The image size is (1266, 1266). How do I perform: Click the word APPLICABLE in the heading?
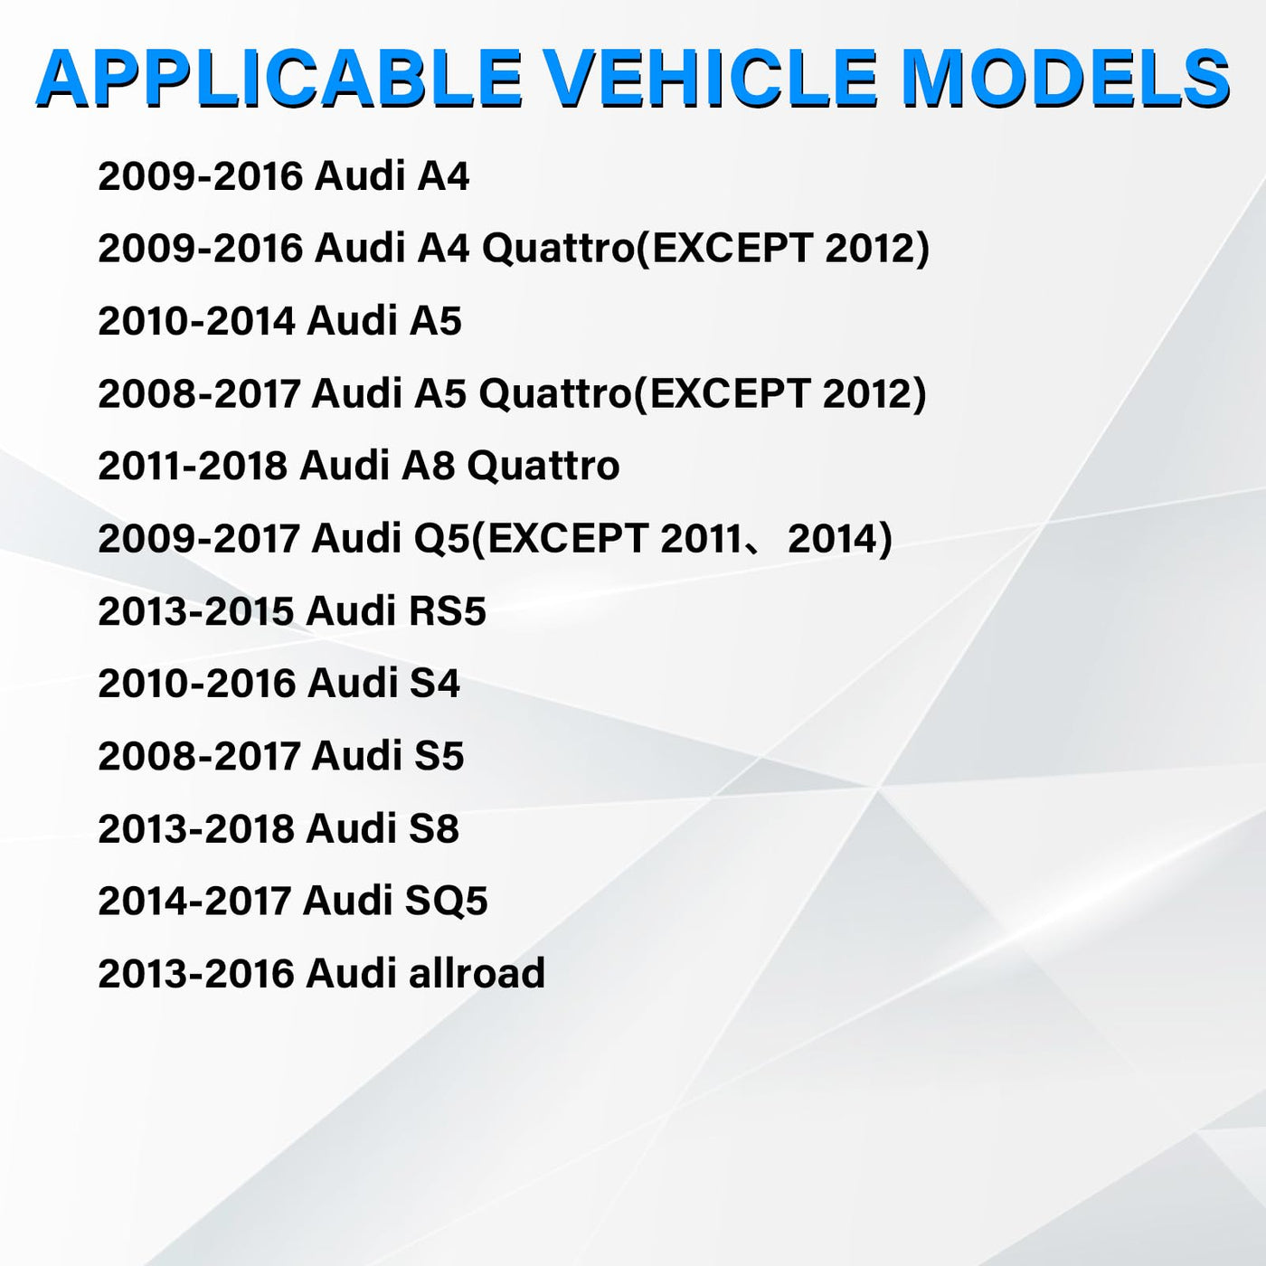click(x=279, y=78)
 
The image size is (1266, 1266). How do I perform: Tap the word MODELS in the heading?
click(x=1065, y=78)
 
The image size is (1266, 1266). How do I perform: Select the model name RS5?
click(x=448, y=611)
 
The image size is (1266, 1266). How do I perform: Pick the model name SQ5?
click(x=446, y=901)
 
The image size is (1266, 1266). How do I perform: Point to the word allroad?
click(x=477, y=972)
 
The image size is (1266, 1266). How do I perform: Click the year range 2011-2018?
click(x=193, y=466)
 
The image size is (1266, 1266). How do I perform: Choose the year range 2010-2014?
click(x=196, y=321)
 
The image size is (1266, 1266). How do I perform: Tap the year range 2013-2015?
click(x=196, y=611)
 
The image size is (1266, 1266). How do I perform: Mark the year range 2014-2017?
click(x=194, y=901)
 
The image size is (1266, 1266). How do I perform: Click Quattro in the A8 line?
click(x=543, y=466)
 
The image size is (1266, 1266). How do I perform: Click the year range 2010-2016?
click(x=196, y=684)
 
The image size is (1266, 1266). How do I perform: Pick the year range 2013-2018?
click(x=196, y=827)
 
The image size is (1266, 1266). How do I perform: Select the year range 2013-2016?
click(x=196, y=973)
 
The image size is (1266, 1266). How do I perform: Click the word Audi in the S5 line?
click(x=356, y=755)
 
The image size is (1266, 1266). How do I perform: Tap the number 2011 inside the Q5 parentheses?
click(x=700, y=539)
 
